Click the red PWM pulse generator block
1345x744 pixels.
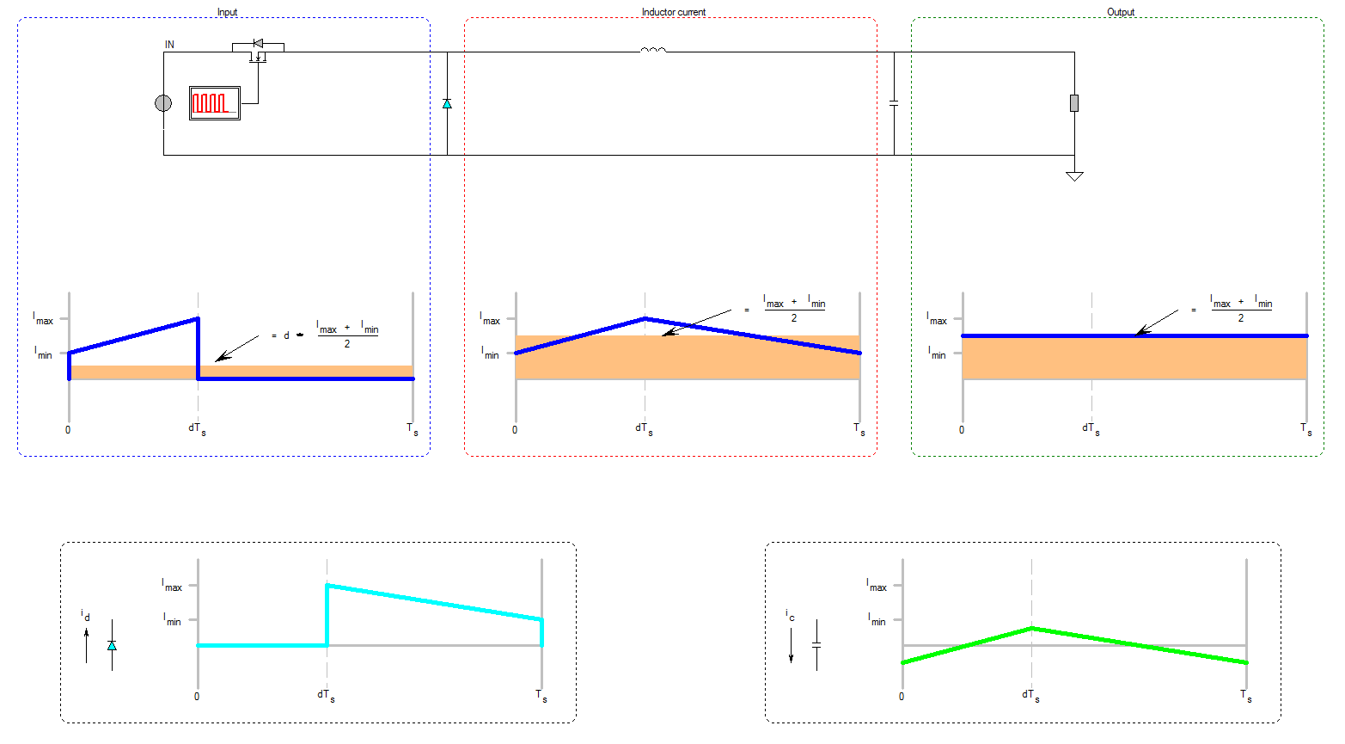pos(214,103)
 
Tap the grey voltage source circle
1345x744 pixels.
pos(163,103)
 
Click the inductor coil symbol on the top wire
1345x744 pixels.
pos(653,50)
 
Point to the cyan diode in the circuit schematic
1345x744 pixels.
pos(447,103)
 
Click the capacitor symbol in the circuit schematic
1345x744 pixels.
pos(894,103)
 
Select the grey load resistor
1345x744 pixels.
pos(1074,103)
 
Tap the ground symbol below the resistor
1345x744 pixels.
pos(1074,176)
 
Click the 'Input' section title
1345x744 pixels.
pos(227,12)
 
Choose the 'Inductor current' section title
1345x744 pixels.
pos(674,12)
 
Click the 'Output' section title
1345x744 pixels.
pos(1121,12)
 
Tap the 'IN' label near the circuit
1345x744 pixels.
pos(169,45)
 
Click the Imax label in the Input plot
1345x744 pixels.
pos(43,319)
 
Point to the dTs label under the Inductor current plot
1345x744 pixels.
pos(644,428)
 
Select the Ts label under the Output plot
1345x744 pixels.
pos(1305,428)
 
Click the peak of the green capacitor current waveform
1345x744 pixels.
pos(1031,628)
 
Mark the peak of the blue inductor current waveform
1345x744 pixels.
pos(645,318)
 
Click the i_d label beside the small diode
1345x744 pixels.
pos(85,615)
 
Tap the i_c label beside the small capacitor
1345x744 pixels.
pos(790,615)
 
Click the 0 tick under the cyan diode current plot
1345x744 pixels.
pos(197,696)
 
